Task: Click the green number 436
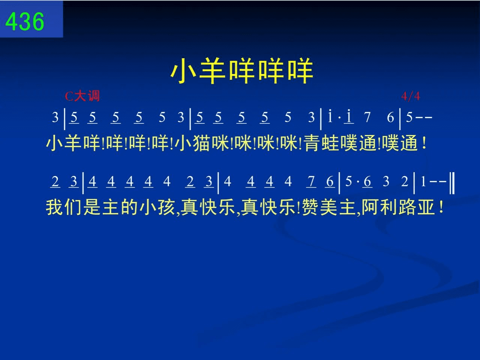(x=25, y=21)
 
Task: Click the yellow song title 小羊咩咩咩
(x=242, y=70)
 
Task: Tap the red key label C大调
(x=82, y=96)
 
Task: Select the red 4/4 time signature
(x=411, y=96)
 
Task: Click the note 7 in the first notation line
(x=367, y=117)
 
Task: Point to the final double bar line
(x=452, y=183)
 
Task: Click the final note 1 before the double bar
(x=423, y=181)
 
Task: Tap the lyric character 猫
(x=201, y=143)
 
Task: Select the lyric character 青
(x=312, y=143)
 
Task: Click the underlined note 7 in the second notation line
(x=311, y=181)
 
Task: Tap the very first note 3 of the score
(x=55, y=117)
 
